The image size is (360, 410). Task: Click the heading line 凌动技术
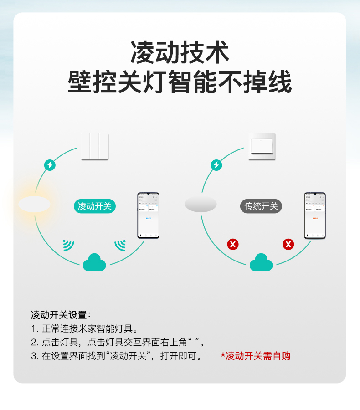[180, 52]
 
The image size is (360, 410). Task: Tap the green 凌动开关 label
[94, 206]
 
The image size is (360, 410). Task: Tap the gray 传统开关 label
[261, 206]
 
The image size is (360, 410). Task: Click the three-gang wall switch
[95, 146]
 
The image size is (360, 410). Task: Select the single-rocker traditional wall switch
[262, 146]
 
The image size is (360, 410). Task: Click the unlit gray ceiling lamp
[201, 204]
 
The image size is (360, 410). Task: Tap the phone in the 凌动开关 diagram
[149, 215]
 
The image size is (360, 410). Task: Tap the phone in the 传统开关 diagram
[315, 215]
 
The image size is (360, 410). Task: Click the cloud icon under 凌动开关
[94, 262]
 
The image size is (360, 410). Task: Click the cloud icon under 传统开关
[261, 262]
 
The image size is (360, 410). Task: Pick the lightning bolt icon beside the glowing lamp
[50, 165]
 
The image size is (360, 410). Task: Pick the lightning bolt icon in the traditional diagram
[216, 165]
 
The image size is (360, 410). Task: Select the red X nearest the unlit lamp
[233, 245]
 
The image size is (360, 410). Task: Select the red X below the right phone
[288, 245]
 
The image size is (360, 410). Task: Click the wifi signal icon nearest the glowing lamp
[68, 246]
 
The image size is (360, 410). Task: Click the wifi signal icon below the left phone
[120, 246]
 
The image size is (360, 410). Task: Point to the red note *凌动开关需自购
[256, 356]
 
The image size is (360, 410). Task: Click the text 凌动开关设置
[61, 315]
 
